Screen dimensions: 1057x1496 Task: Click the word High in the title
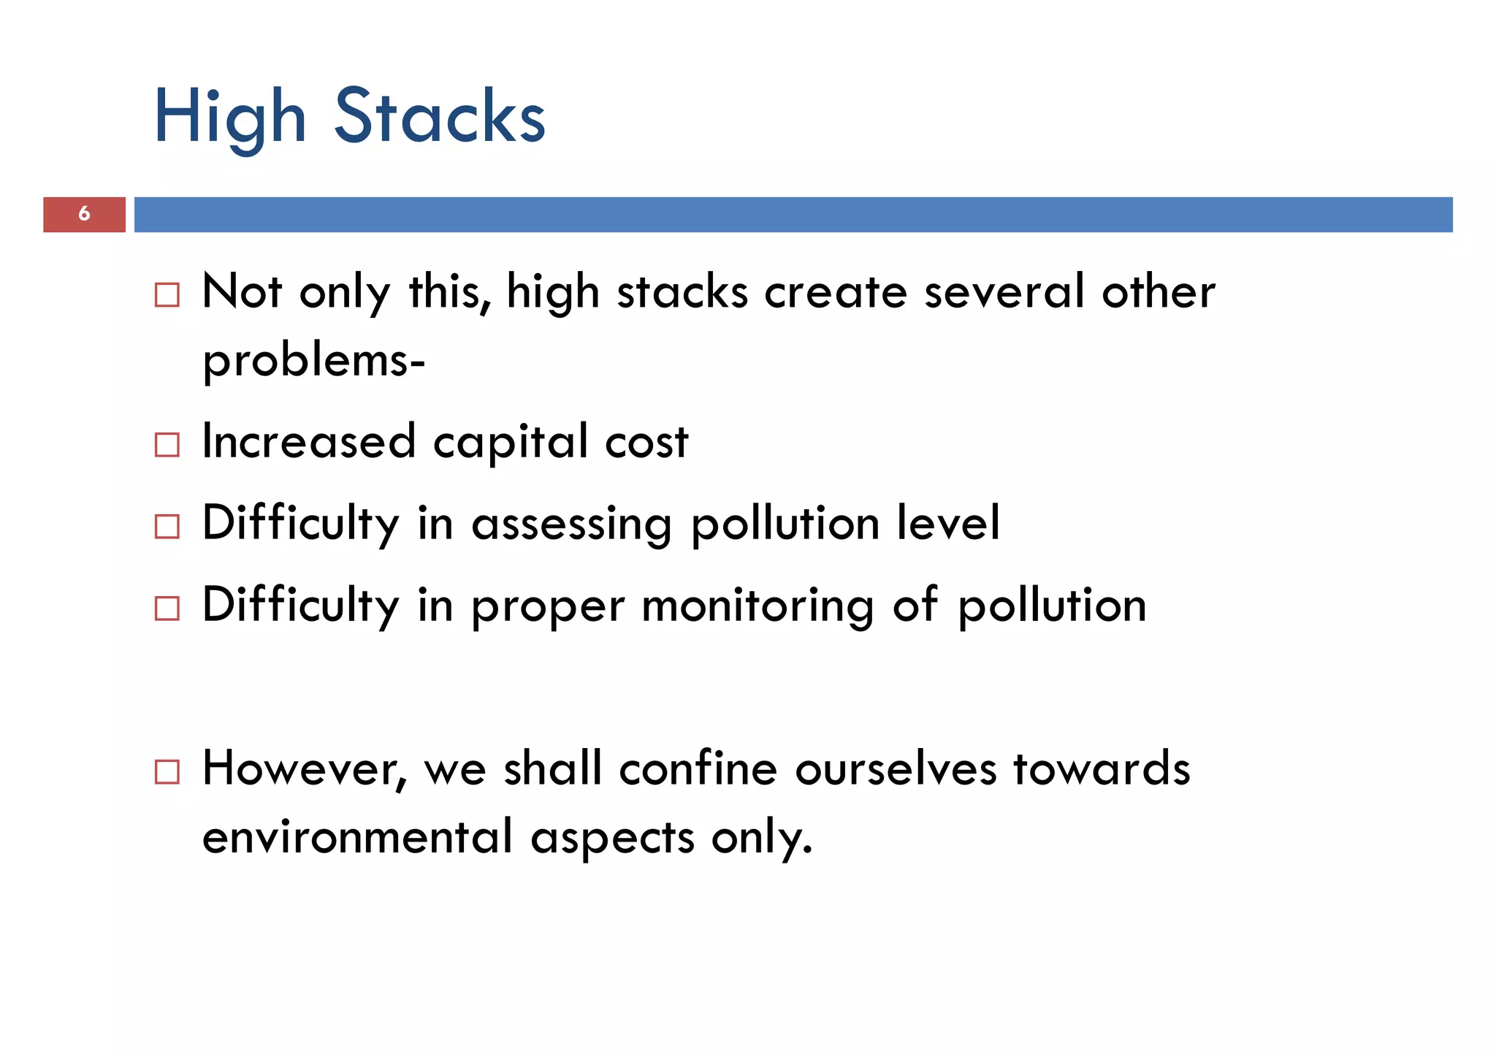229,117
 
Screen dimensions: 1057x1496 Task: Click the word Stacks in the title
440,117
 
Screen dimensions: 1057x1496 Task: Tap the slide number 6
84,214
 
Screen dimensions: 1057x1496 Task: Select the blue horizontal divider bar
793,214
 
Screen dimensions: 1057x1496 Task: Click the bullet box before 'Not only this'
167,295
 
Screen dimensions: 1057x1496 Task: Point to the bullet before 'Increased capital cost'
167,445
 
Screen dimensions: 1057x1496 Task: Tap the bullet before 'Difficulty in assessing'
167,527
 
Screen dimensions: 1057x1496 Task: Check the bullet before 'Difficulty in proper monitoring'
167,608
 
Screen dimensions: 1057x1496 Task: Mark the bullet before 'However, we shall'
167,772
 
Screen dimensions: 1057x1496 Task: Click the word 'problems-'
313,362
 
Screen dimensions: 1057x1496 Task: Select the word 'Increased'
309,442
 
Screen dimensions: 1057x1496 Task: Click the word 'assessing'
572,525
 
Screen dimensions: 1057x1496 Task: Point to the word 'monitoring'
757,607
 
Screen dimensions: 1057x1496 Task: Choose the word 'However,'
304,769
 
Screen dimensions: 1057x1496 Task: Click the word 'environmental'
357,837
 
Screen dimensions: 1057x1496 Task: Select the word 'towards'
1102,769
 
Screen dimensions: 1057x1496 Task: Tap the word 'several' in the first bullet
1004,292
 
